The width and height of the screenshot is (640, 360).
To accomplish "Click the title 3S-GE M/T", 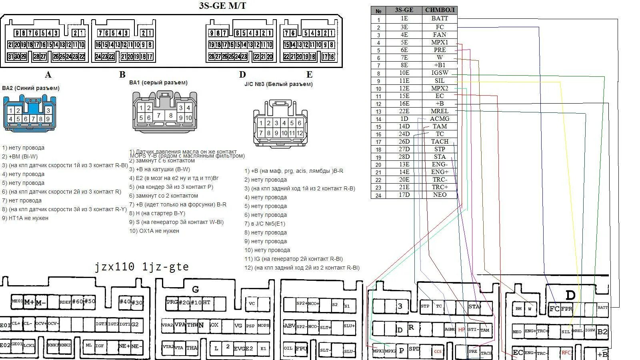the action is tap(222, 6).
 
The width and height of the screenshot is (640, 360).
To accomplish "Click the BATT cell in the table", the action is tap(440, 18).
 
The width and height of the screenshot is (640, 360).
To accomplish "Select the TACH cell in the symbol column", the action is tap(440, 142).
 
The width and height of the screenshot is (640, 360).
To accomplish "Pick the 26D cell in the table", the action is tap(404, 142).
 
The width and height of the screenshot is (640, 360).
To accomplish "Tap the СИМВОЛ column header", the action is tap(440, 10).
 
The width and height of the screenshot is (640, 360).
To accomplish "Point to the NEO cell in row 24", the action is tap(440, 195).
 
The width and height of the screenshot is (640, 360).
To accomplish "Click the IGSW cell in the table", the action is tap(440, 73).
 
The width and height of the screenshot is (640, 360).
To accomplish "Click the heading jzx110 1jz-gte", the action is tap(142, 267).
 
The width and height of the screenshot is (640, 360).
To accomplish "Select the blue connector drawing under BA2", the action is tap(29, 113).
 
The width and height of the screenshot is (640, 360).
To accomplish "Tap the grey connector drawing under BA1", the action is tap(164, 112).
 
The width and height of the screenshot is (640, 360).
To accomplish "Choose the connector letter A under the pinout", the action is tap(48, 75).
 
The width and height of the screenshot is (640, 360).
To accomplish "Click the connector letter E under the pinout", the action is tap(309, 75).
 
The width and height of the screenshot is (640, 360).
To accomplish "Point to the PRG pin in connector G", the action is tap(172, 302).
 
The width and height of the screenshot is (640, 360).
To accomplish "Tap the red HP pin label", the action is tap(462, 330).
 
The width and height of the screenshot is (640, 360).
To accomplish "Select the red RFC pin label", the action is tap(566, 352).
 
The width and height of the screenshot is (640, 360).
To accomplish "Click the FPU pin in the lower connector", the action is tap(301, 348).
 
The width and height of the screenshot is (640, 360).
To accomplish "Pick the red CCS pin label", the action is tap(438, 351).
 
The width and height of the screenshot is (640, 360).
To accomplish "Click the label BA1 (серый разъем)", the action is tap(158, 83).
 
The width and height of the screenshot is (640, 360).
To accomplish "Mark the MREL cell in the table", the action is tap(440, 111).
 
